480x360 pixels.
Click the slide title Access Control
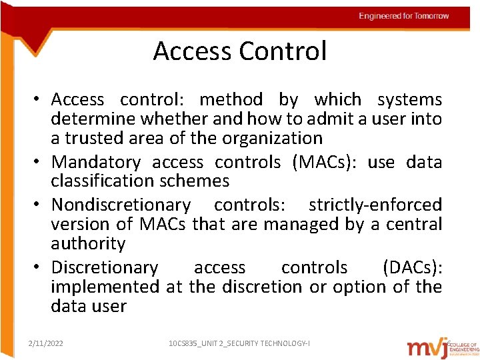[x=240, y=51]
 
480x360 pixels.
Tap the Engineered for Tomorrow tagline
[x=404, y=16]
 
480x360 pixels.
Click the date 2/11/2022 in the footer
[x=46, y=343]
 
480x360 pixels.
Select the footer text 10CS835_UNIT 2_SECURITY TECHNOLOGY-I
[x=239, y=343]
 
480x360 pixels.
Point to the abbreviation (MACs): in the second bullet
[x=325, y=162]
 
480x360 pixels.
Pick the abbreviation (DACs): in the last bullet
[x=412, y=267]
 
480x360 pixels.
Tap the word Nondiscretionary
[x=121, y=205]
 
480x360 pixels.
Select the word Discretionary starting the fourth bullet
[x=105, y=267]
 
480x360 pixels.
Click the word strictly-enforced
[x=375, y=205]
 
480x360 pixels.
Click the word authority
[x=88, y=243]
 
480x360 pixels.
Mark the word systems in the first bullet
[x=409, y=99]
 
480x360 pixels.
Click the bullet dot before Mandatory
[x=40, y=162]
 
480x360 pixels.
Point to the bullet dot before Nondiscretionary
[x=40, y=205]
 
